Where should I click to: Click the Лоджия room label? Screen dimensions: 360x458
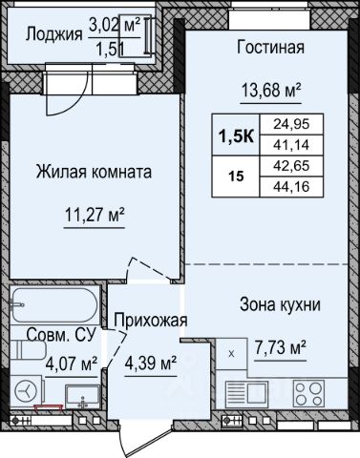(53, 34)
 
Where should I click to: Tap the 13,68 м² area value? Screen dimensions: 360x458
(271, 90)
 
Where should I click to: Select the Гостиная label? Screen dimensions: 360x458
(270, 47)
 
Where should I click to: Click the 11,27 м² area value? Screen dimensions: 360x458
(95, 215)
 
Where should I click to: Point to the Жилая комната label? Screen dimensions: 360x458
(94, 172)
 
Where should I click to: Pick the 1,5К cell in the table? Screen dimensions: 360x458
(236, 135)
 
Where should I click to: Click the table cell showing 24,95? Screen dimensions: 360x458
(291, 124)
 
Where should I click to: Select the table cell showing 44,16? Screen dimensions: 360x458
(291, 187)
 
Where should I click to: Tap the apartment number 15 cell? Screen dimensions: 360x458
(236, 177)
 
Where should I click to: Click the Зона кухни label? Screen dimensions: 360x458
(280, 304)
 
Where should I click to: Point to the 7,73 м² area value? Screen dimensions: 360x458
(281, 347)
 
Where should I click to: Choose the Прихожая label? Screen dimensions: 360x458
(151, 320)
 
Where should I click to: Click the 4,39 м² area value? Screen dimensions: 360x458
(151, 363)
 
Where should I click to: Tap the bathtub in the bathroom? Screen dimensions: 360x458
(54, 305)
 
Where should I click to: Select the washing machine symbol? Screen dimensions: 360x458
(27, 391)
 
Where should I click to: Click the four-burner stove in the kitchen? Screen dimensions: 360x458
(308, 394)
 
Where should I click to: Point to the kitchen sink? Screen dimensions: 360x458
(246, 394)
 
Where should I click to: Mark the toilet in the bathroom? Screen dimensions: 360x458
(28, 350)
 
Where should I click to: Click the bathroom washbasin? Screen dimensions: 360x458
(82, 396)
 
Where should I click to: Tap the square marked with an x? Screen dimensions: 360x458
(231, 354)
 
